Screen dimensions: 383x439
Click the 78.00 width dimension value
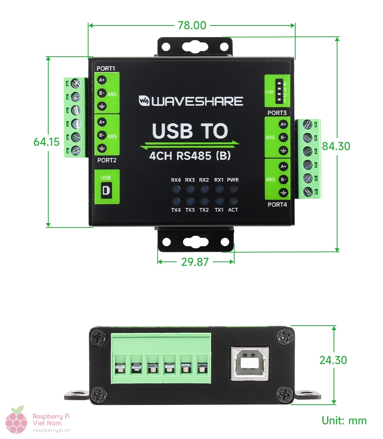pyautogui.click(x=192, y=25)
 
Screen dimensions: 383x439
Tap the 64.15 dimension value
pyautogui.click(x=46, y=142)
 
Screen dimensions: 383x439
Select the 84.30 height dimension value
pyautogui.click(x=336, y=146)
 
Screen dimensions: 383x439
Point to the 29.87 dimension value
pyautogui.click(x=195, y=262)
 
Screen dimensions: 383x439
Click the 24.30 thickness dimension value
pyautogui.click(x=333, y=360)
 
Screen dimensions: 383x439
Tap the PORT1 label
pyautogui.click(x=106, y=68)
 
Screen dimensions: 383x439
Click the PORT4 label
pyautogui.click(x=277, y=205)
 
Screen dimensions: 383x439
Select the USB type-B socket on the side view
pyautogui.click(x=249, y=364)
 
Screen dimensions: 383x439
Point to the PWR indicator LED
pyautogui.click(x=233, y=189)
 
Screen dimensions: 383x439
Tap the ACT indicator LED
pyautogui.click(x=233, y=201)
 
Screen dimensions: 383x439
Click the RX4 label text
pyautogui.click(x=176, y=180)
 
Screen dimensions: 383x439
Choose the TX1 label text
pyautogui.click(x=219, y=210)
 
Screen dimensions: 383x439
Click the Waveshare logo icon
pyautogui.click(x=144, y=101)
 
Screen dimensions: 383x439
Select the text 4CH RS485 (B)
pyautogui.click(x=190, y=156)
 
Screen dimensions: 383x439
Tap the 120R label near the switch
pyautogui.click(x=269, y=92)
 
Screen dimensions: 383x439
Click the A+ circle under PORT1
pyautogui.click(x=102, y=80)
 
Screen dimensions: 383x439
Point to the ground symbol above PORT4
pyautogui.click(x=283, y=192)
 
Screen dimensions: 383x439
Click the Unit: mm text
pyautogui.click(x=344, y=421)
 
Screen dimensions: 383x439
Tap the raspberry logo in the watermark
pyautogui.click(x=17, y=420)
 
